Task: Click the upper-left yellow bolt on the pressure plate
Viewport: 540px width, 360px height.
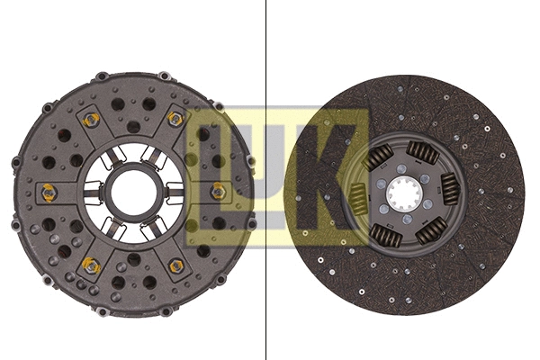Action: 90,120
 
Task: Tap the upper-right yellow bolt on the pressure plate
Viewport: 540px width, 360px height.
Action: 175,119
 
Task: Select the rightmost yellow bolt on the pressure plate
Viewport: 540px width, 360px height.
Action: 218,191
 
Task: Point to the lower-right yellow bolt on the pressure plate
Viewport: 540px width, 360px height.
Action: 176,265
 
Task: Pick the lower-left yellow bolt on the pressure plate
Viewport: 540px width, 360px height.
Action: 90,265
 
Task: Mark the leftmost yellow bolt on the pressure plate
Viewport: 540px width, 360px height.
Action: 49,192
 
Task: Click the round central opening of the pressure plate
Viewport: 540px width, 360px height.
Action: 133,192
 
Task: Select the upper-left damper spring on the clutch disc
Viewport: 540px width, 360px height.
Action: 379,159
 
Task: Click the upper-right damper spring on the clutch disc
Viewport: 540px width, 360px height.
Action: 422,152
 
